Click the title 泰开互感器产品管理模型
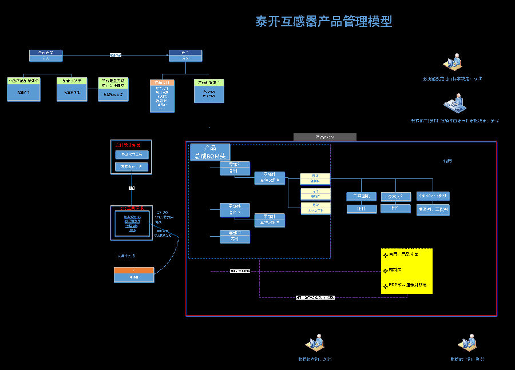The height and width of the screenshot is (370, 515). point(323,22)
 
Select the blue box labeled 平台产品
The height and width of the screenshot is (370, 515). point(46,53)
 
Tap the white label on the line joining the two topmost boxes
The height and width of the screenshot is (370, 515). point(116,55)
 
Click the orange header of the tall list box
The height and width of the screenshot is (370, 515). point(162,82)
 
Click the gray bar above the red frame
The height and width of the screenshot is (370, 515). point(324,137)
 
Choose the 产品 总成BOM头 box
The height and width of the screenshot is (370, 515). point(210,152)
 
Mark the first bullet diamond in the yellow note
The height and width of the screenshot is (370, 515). point(385,255)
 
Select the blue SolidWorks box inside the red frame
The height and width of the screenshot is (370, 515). point(433,196)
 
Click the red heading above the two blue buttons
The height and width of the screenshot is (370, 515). point(131,145)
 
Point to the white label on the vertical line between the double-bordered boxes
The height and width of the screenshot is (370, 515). point(132,188)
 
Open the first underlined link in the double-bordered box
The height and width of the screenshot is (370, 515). point(132,217)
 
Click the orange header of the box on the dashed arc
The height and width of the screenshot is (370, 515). point(134,270)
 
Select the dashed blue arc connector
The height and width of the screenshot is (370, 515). point(172,251)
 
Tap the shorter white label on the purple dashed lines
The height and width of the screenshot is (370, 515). point(240,270)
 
